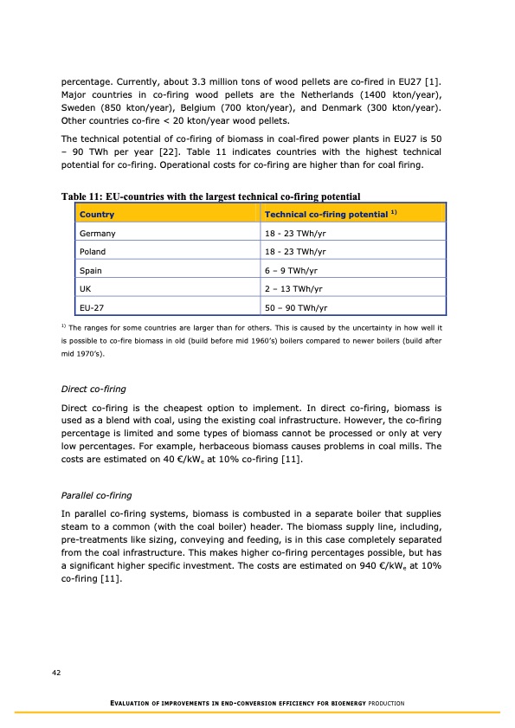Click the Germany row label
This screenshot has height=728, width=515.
click(97, 233)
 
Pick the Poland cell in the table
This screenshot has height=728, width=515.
click(92, 251)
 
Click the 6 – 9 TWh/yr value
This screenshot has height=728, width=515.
click(291, 270)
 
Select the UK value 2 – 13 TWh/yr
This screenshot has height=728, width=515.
click(293, 288)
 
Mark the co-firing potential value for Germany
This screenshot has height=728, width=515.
click(295, 233)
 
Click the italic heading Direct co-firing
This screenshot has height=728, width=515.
click(93, 390)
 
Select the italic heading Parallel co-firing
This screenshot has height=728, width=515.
click(95, 495)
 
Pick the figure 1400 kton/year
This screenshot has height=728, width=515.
click(410, 93)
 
